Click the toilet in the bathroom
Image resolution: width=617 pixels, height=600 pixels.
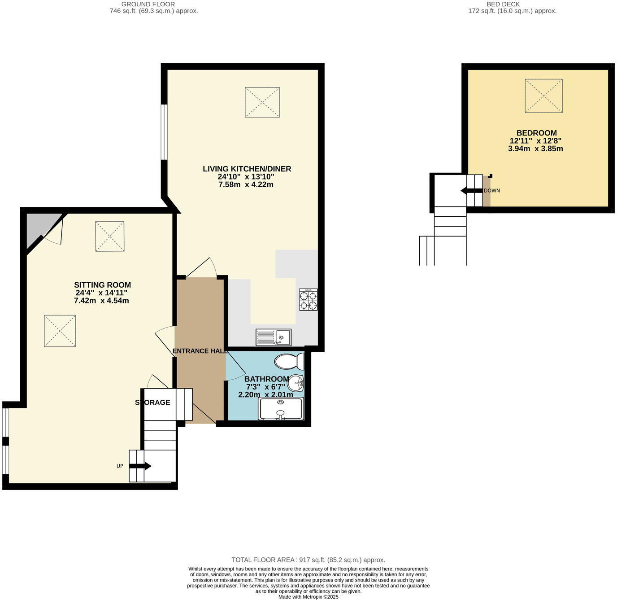click(289, 361)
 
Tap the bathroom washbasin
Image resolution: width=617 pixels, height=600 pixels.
click(295, 383)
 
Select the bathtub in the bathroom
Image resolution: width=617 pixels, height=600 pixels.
click(281, 409)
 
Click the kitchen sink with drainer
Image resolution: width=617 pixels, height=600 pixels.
click(273, 337)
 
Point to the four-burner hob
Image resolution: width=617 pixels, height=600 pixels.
click(308, 300)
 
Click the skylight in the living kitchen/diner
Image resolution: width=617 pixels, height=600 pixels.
click(262, 102)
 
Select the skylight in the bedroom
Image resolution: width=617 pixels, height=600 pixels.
click(543, 96)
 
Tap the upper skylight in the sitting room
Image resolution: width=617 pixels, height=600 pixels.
click(109, 236)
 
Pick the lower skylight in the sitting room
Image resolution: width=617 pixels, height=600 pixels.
click(60, 331)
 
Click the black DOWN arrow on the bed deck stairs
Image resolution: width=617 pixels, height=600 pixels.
click(471, 191)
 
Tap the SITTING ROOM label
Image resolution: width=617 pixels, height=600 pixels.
click(102, 285)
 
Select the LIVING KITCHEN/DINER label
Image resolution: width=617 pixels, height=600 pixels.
click(247, 169)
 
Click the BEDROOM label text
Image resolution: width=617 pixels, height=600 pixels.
click(536, 133)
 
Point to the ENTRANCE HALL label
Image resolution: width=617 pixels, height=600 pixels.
click(200, 351)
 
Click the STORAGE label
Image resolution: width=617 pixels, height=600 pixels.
click(152, 403)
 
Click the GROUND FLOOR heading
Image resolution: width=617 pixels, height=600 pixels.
click(148, 4)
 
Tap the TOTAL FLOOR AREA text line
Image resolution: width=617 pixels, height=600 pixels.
click(308, 560)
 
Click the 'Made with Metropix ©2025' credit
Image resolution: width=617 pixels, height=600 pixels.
click(308, 597)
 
